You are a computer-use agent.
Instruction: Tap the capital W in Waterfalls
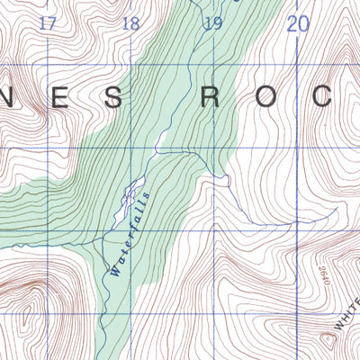115,267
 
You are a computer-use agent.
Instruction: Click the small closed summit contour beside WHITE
327,339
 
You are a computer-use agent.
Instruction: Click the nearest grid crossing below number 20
298,65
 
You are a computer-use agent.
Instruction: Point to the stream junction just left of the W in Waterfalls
106,271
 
